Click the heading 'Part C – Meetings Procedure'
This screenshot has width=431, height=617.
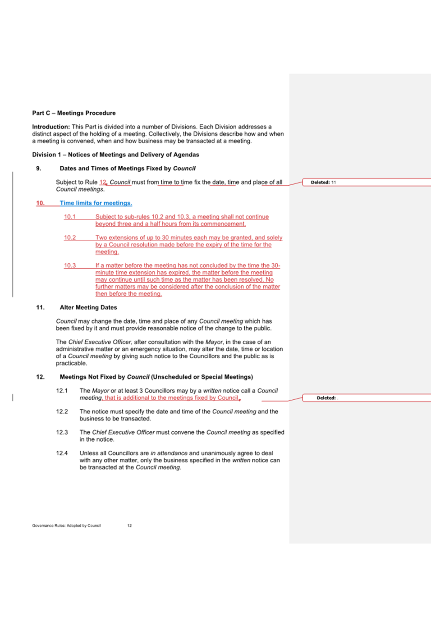[x=73, y=113]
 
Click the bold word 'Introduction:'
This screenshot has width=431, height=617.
[x=50, y=127]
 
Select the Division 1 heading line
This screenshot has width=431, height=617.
[x=115, y=155]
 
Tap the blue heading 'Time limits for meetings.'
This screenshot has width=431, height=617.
[x=96, y=203]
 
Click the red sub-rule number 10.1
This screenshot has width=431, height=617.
[x=70, y=217]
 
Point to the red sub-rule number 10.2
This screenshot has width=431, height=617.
[x=70, y=238]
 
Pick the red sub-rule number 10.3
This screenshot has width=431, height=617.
[x=70, y=265]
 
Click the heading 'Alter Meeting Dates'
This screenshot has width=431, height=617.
[x=88, y=307]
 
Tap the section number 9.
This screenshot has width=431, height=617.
[x=39, y=169]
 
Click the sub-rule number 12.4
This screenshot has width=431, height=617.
[x=62, y=453]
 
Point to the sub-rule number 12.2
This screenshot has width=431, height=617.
[x=62, y=411]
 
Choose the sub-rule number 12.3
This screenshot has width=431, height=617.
[x=62, y=432]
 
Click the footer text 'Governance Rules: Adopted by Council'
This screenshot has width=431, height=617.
[x=66, y=526]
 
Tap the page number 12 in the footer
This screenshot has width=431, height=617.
[x=129, y=526]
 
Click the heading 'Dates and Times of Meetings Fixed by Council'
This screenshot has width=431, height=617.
[x=128, y=169]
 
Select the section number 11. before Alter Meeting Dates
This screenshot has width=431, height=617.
[x=41, y=307]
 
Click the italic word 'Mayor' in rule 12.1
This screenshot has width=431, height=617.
[x=101, y=391]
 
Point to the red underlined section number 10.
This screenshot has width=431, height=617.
[x=41, y=203]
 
